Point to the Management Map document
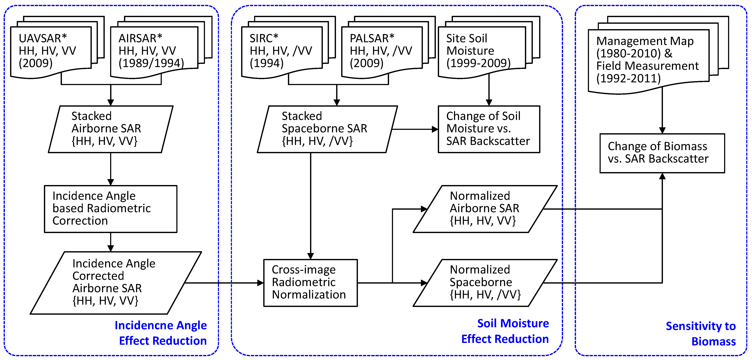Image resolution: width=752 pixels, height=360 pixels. (648, 60)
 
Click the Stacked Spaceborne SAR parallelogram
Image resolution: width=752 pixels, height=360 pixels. (327, 129)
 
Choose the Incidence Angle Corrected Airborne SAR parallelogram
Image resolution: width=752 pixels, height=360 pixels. (115, 282)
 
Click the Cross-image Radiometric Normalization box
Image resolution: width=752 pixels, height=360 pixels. (310, 282)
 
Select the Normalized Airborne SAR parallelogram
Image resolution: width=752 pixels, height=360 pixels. (485, 209)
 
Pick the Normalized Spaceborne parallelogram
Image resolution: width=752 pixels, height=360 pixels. (485, 282)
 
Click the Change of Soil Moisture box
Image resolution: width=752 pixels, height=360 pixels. (489, 129)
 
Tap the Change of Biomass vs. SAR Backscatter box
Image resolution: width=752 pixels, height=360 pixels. (662, 153)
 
